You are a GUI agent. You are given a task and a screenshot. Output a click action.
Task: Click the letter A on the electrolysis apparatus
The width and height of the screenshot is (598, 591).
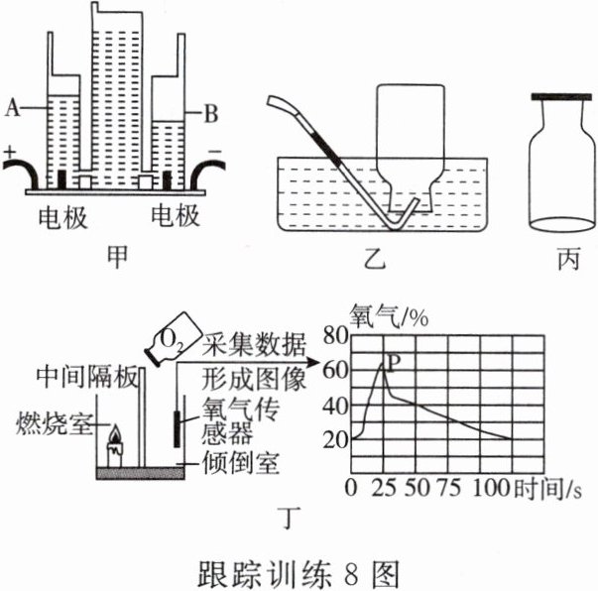point(11,103)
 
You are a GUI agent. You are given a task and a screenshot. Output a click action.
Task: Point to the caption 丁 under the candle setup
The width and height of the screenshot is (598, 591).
point(292,515)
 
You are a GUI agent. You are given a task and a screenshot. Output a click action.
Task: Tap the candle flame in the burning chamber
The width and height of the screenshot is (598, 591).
point(115,435)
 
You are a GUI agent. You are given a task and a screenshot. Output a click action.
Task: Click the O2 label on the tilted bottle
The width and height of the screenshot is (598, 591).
point(171,342)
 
